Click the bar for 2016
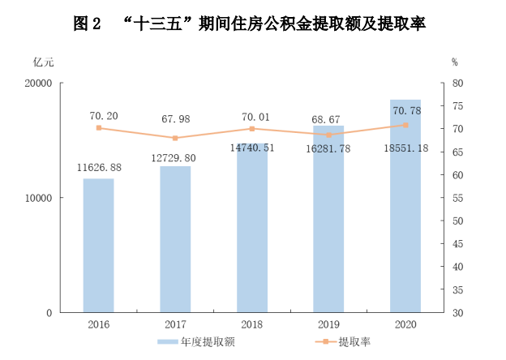click(98, 245)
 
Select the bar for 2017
click(175, 239)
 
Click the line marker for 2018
click(252, 129)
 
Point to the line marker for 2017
click(175, 138)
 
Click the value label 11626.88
click(99, 168)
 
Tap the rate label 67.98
click(176, 119)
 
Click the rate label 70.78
click(406, 109)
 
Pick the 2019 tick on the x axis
click(328, 324)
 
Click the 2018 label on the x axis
click(252, 324)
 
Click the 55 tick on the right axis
click(457, 198)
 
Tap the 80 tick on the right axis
click(457, 84)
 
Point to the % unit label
click(455, 62)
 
